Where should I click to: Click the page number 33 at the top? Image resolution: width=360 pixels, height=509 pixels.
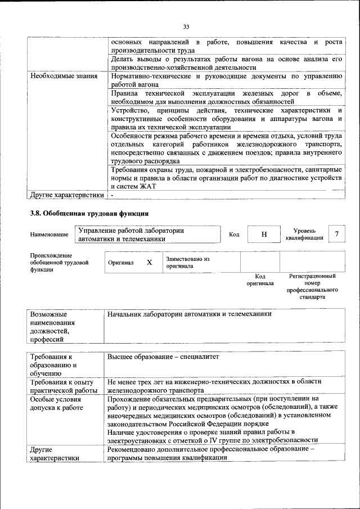pos(186,26)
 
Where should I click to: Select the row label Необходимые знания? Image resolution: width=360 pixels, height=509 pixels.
pos(64,75)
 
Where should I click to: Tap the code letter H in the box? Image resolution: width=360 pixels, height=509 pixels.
pos(264,234)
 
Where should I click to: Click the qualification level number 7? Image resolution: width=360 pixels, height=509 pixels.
pos(336,234)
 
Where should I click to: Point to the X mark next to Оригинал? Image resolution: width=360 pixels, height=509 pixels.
pos(149,263)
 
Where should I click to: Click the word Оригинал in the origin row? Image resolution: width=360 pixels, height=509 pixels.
pos(120,263)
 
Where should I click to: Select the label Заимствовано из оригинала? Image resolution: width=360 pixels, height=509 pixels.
pos(187,263)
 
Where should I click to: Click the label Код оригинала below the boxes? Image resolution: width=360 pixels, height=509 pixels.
pos(260,280)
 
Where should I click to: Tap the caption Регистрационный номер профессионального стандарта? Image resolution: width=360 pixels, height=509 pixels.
pos(312,287)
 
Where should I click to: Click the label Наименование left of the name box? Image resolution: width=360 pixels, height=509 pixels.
pos(49,234)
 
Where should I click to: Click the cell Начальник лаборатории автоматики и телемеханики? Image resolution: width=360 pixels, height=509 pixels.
pos(189,314)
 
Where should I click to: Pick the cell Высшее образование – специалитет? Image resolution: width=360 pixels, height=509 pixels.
pos(163,357)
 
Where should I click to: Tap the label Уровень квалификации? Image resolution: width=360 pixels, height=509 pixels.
pos(304,234)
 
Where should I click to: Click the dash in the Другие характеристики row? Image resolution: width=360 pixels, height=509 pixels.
pos(112,195)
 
